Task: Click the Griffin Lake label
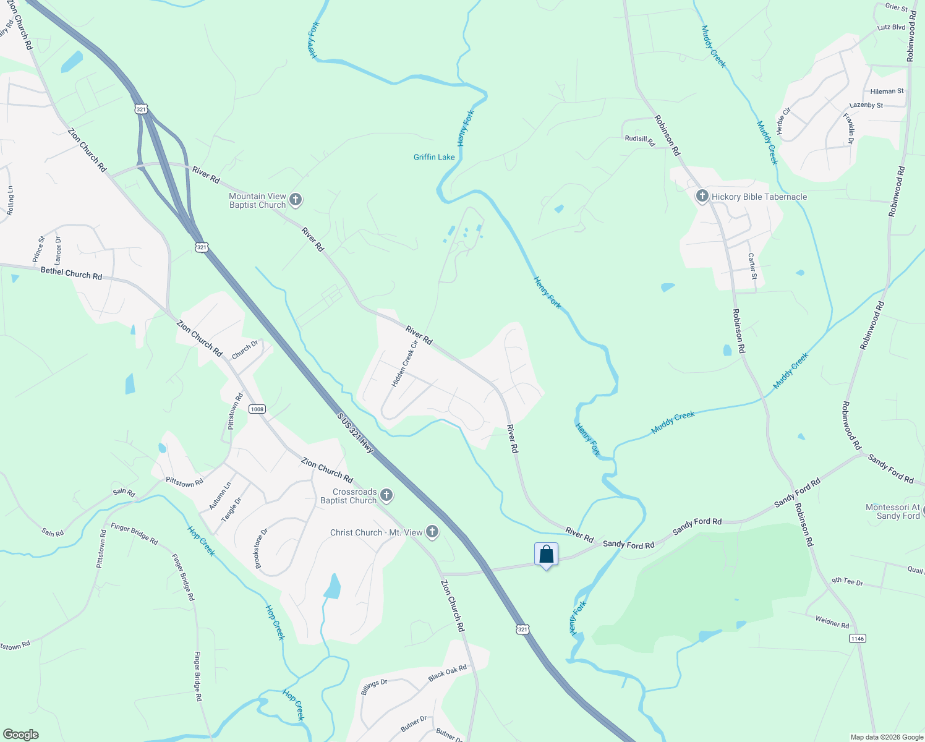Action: pyautogui.click(x=434, y=157)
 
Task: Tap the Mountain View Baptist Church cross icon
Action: pyautogui.click(x=296, y=199)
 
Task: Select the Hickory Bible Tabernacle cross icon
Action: pyautogui.click(x=702, y=197)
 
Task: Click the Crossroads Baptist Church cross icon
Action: pyautogui.click(x=386, y=495)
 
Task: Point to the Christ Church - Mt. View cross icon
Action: pyautogui.click(x=432, y=532)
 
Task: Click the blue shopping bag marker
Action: pyautogui.click(x=546, y=555)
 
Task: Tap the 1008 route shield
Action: pyautogui.click(x=257, y=409)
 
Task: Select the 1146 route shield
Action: pyautogui.click(x=857, y=638)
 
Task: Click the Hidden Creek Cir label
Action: pyautogui.click(x=404, y=364)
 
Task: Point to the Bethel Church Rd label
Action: pyautogui.click(x=71, y=273)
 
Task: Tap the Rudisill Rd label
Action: pyautogui.click(x=639, y=140)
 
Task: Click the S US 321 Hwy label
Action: pyautogui.click(x=356, y=433)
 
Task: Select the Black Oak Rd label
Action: pyautogui.click(x=447, y=673)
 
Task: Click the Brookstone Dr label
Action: pyautogui.click(x=262, y=548)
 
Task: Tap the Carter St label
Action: pyautogui.click(x=752, y=266)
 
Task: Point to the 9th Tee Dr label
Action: pyautogui.click(x=847, y=581)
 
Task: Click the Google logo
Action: pyautogui.click(x=20, y=735)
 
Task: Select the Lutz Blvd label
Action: pyautogui.click(x=891, y=27)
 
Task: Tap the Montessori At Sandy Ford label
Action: pyautogui.click(x=893, y=511)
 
